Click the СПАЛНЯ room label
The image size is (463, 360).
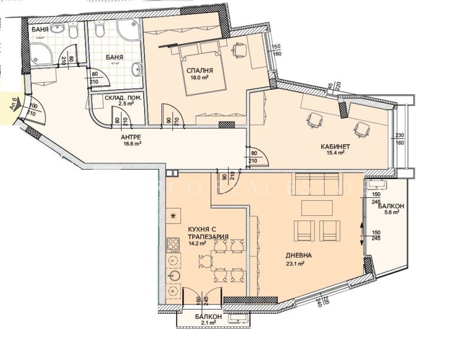pyautogui.click(x=197, y=72)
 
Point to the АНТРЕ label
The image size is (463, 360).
pyautogui.click(x=131, y=137)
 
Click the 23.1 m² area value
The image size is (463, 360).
pyautogui.click(x=295, y=263)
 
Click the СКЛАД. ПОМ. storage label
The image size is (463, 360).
pyautogui.click(x=123, y=98)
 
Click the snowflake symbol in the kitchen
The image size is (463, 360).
pyautogui.click(x=172, y=216)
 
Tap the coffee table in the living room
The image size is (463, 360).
pyautogui.click(x=317, y=207)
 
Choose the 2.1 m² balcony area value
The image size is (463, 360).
pyautogui.click(x=208, y=324)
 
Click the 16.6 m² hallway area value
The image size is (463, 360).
pyautogui.click(x=131, y=144)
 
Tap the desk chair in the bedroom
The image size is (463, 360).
pyautogui.click(x=239, y=50)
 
